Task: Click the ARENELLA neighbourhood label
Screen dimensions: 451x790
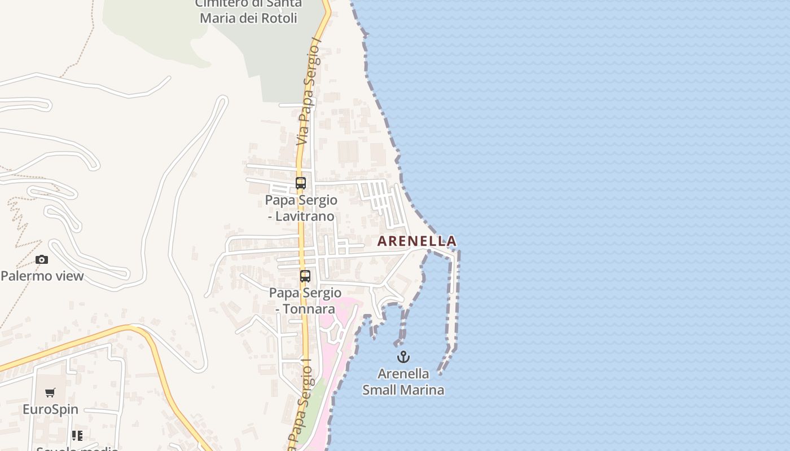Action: pos(416,241)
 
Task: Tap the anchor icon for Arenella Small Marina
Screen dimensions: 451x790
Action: pos(403,356)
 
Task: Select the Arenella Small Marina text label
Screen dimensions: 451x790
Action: pos(403,382)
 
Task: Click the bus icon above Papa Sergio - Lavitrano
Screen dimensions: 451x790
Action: pos(301,183)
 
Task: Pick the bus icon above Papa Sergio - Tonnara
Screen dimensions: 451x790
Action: pos(305,276)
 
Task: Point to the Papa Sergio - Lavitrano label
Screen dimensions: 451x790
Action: pos(301,208)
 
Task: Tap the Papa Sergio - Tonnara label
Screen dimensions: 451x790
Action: pos(305,300)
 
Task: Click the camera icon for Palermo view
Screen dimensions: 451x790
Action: pos(42,260)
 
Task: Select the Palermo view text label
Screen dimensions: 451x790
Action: pos(42,276)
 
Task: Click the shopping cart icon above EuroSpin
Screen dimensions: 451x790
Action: pos(50,393)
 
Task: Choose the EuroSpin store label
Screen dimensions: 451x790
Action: pos(50,409)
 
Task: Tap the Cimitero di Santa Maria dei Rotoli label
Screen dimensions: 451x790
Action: pos(249,11)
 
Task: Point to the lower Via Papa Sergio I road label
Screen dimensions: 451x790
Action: pos(301,403)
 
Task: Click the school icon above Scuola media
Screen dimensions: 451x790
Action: pos(77,435)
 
